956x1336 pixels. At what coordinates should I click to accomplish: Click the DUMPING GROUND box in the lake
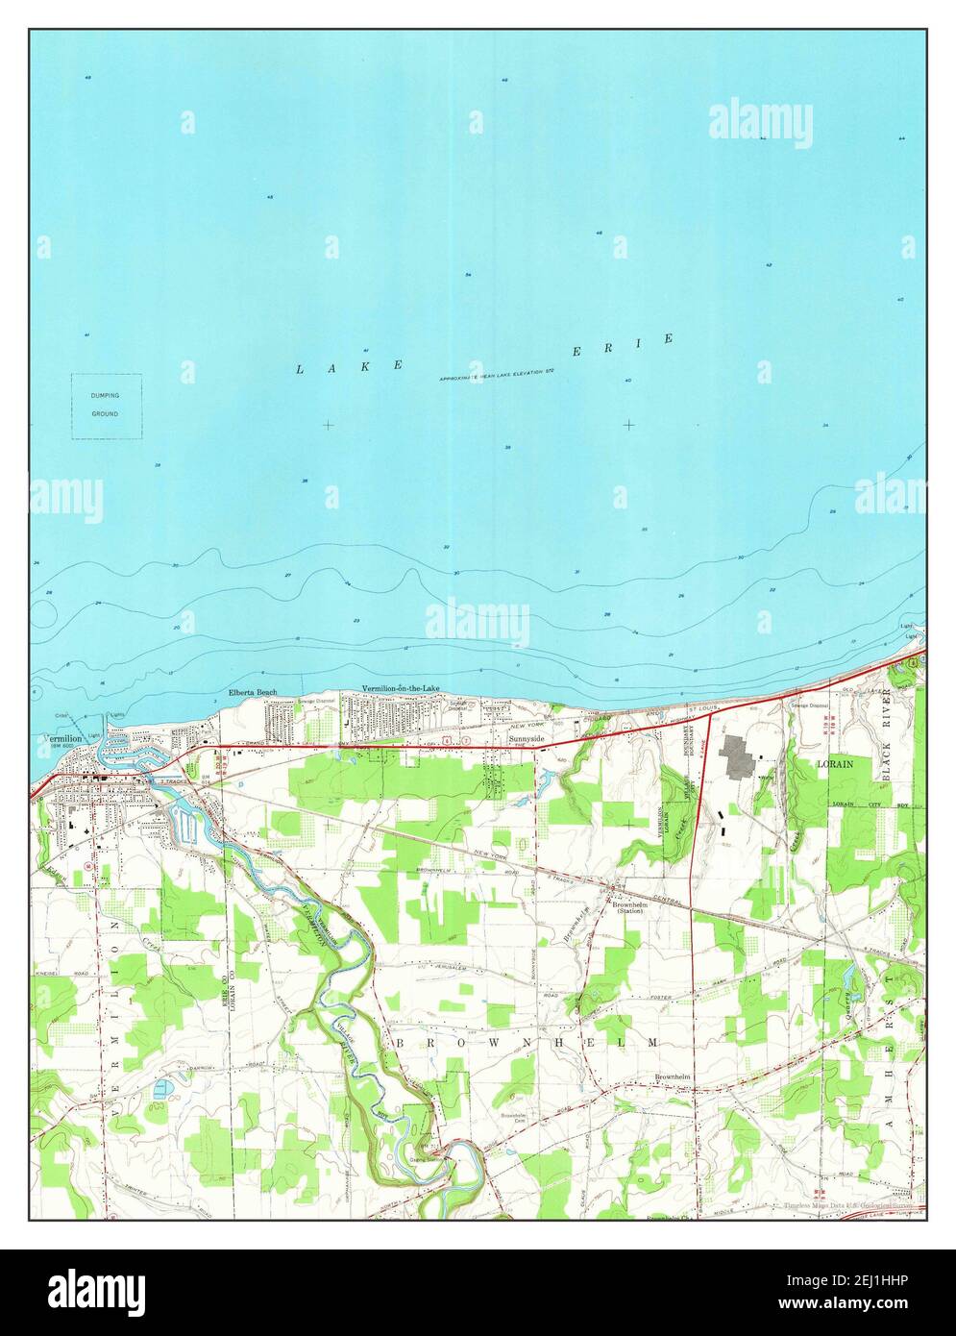click(x=106, y=406)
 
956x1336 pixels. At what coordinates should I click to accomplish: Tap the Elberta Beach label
click(x=252, y=692)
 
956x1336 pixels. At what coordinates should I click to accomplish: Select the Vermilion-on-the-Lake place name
click(x=404, y=689)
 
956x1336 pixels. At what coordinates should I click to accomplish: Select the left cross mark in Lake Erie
click(x=329, y=424)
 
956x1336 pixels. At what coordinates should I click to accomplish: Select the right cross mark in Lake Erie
click(x=628, y=424)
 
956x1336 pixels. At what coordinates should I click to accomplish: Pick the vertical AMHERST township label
click(x=890, y=1048)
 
